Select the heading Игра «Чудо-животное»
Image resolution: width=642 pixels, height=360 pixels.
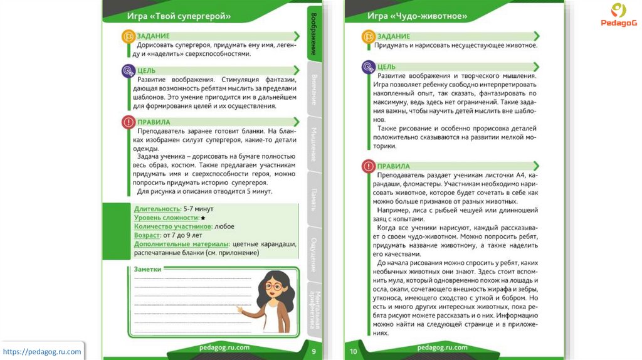click(x=417, y=16)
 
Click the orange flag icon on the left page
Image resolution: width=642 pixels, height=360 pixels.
click(x=127, y=37)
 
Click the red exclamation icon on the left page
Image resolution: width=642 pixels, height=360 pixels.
click(x=127, y=122)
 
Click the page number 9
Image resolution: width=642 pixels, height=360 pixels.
click(x=313, y=351)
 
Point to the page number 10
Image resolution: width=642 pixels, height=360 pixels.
click(x=353, y=351)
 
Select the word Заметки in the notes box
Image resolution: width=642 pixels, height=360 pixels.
click(x=148, y=269)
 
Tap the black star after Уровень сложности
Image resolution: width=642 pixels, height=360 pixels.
click(x=203, y=217)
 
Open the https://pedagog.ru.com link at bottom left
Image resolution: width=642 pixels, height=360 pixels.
click(x=43, y=352)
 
